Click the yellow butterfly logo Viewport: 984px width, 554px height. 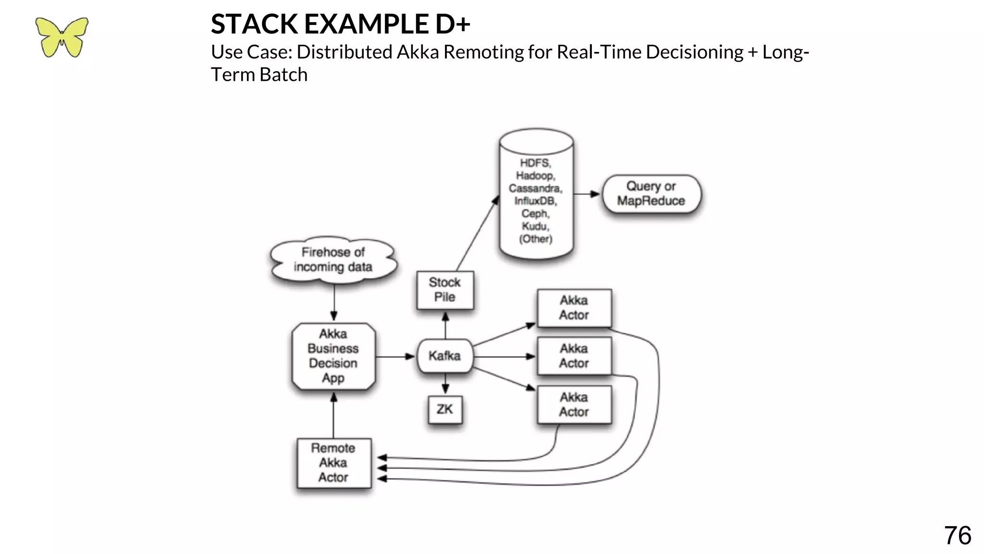point(61,37)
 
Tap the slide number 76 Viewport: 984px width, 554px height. point(957,535)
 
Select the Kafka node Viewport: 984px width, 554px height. point(445,356)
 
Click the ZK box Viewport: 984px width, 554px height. point(445,409)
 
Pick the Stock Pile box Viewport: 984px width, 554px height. point(445,290)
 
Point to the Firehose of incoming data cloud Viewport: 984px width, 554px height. point(333,260)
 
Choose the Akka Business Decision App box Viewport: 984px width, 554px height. point(333,356)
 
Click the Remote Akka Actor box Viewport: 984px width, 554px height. point(333,463)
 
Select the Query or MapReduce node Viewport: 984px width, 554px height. point(651,193)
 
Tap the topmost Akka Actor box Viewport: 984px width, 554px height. point(574,308)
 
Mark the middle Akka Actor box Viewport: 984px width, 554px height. point(574,356)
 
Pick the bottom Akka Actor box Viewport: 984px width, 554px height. point(574,404)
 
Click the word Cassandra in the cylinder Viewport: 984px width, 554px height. point(535,189)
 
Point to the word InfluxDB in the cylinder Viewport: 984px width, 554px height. point(535,201)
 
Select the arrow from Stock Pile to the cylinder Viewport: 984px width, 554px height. point(477,234)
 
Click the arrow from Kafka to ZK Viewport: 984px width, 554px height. point(445,384)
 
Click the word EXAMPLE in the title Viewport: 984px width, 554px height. point(367,24)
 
